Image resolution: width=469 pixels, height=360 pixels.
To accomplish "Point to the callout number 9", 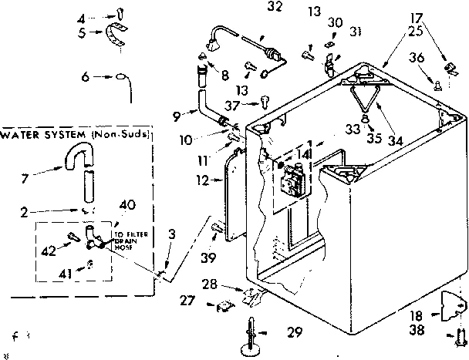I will coord(177,116).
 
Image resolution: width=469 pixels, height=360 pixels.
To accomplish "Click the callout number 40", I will coord(127,204).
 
